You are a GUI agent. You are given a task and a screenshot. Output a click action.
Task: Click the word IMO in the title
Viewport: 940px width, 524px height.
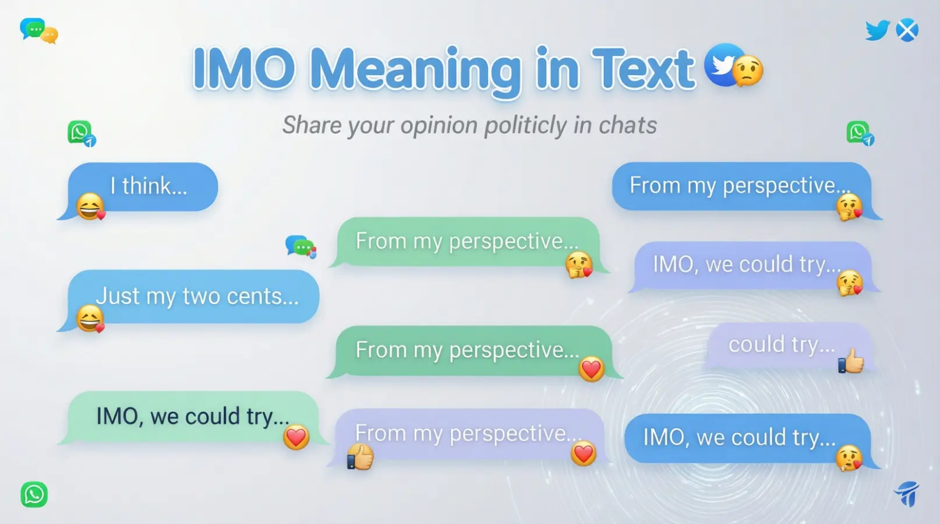[x=243, y=69]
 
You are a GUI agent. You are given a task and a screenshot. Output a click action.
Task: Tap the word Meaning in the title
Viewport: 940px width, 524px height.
[x=415, y=70]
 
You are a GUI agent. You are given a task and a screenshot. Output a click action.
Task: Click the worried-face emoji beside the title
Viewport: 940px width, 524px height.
[x=748, y=71]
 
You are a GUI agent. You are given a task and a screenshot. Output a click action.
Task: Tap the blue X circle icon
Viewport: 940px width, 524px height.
[x=907, y=30]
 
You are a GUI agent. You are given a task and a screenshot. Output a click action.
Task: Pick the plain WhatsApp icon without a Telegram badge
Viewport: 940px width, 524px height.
[x=34, y=494]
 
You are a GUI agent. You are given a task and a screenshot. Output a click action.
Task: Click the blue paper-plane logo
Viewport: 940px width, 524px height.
[x=907, y=494]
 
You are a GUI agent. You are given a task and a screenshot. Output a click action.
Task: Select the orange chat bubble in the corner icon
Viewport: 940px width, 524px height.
[x=50, y=36]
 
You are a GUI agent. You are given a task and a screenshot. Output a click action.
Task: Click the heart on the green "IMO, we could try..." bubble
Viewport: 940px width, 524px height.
[x=296, y=437]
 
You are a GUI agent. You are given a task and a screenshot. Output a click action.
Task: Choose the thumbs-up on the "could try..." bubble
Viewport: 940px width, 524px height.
[x=851, y=361]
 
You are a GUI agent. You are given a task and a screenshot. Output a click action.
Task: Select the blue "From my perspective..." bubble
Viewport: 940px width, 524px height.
[x=741, y=186]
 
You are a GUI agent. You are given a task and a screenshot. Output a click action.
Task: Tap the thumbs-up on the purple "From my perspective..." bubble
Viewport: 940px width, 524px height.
[x=361, y=456]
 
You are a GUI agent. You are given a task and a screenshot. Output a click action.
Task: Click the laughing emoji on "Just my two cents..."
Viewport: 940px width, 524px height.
[x=90, y=318]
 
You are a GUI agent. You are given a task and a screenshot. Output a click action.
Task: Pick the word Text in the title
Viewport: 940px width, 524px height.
[x=643, y=69]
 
